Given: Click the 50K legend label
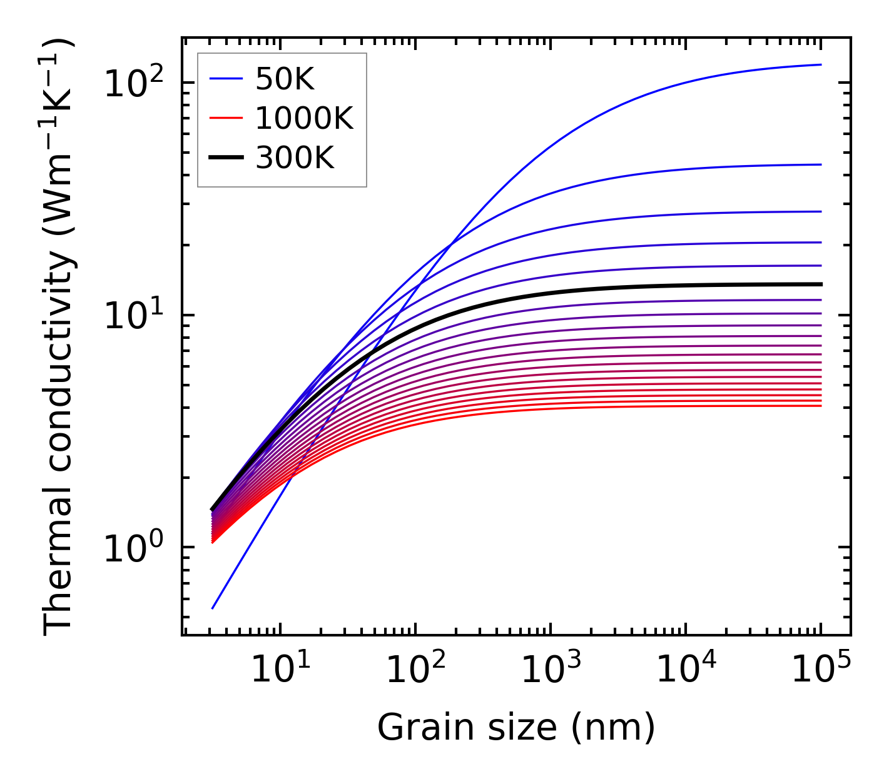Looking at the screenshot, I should tap(285, 79).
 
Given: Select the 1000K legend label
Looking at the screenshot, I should tap(304, 118).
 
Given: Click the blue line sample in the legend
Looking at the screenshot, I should tap(226, 79).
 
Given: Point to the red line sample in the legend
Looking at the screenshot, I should tap(226, 118).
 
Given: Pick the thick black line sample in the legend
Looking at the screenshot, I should tap(226, 158).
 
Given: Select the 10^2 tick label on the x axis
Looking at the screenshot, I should tap(415, 670).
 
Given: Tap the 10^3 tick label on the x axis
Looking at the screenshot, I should tap(551, 670).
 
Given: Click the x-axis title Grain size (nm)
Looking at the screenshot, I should tap(516, 728).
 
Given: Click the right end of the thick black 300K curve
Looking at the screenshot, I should tap(821, 284).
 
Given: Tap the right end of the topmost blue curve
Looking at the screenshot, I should tap(821, 64).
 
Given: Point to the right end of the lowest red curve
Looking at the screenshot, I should tap(821, 406).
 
